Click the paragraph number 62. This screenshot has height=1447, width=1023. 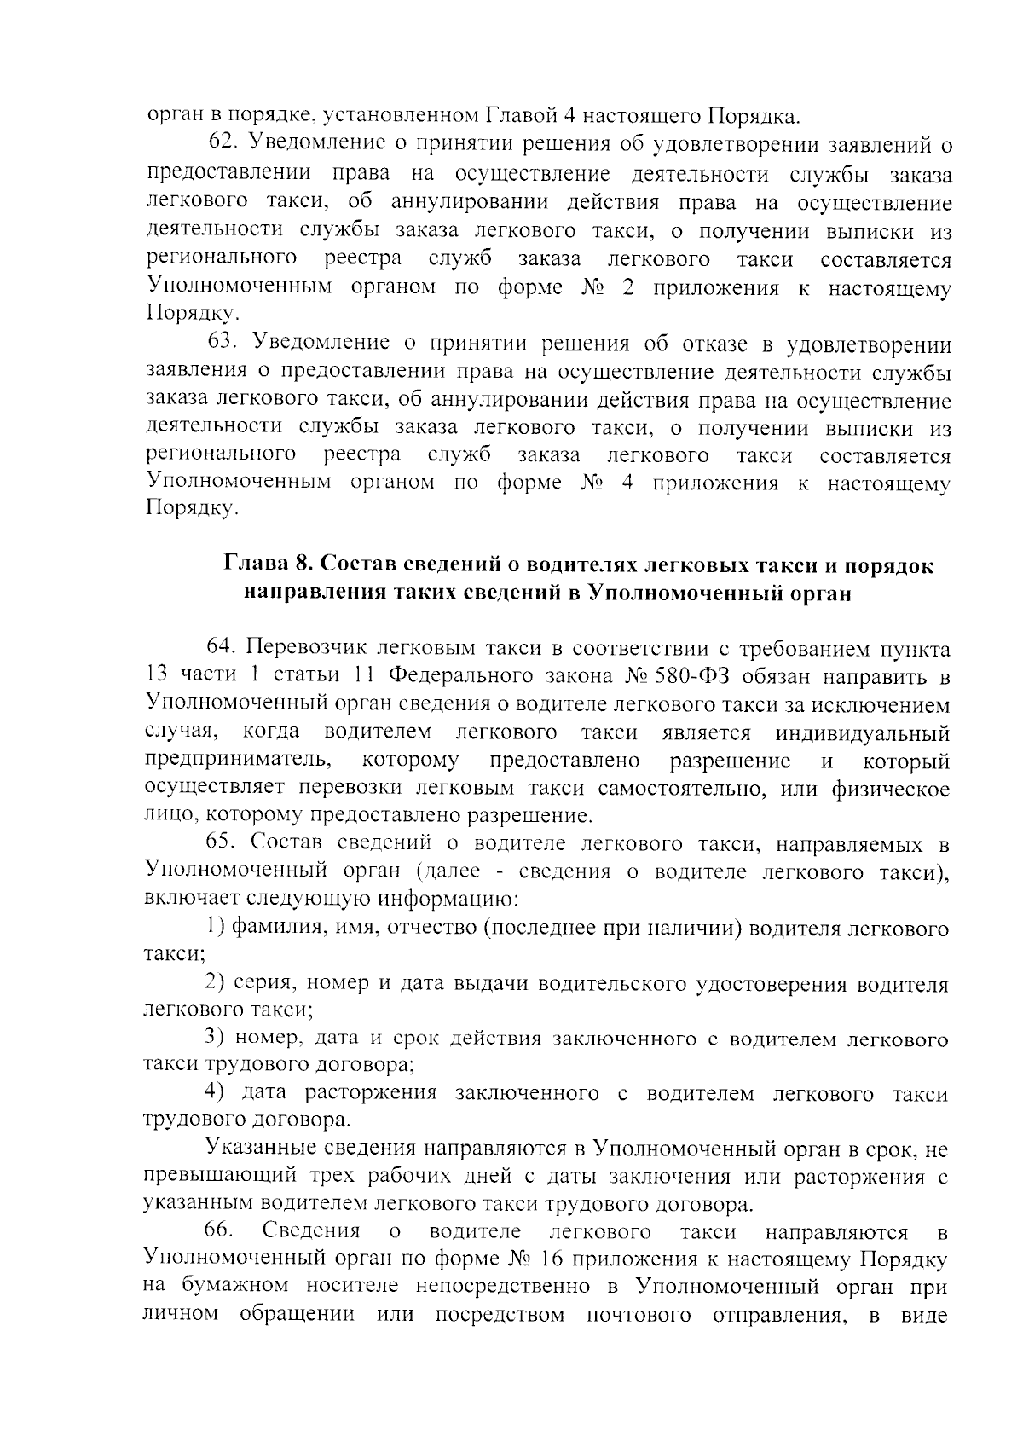(222, 146)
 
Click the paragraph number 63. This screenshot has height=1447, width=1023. (222, 343)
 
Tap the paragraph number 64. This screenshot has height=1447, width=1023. (222, 649)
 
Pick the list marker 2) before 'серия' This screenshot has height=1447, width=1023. (217, 983)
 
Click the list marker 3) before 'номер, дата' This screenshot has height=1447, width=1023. (217, 1039)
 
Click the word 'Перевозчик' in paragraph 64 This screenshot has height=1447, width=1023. (306, 649)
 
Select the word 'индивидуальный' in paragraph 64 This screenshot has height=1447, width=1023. (862, 732)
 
